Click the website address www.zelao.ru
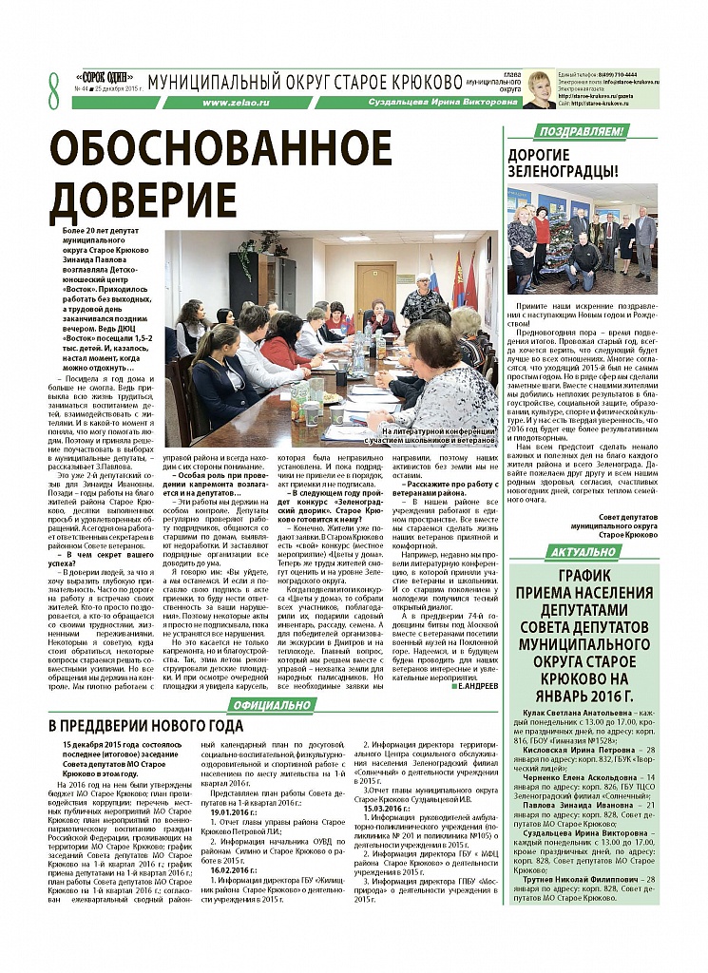click(230, 102)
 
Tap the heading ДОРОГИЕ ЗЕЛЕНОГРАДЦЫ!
click(564, 162)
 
